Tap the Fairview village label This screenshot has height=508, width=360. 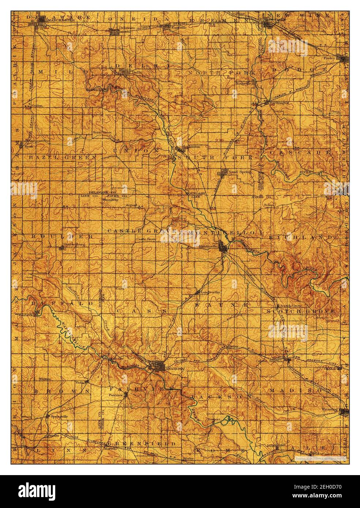(114, 395)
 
